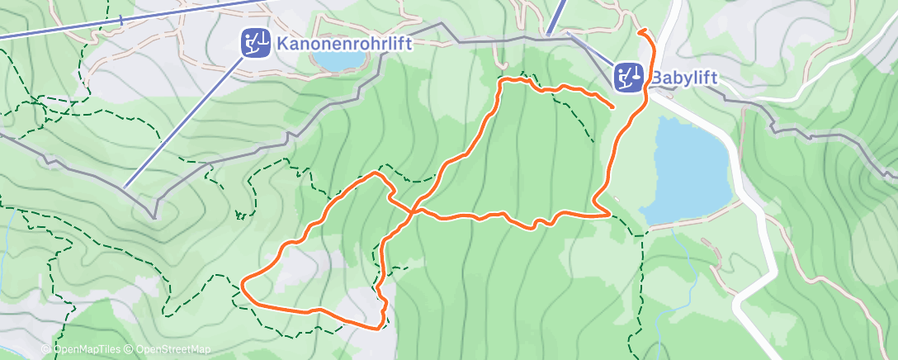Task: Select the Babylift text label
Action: coord(683,78)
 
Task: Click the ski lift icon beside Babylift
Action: coord(630,78)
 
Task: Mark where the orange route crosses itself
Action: coord(410,211)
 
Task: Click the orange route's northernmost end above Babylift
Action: coord(640,31)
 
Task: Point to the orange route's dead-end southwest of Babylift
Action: coord(613,107)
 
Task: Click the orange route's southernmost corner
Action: coord(379,328)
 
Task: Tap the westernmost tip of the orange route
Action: coord(242,288)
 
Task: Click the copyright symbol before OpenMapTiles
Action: coord(47,349)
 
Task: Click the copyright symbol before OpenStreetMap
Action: coord(130,349)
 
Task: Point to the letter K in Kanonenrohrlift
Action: coord(283,41)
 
